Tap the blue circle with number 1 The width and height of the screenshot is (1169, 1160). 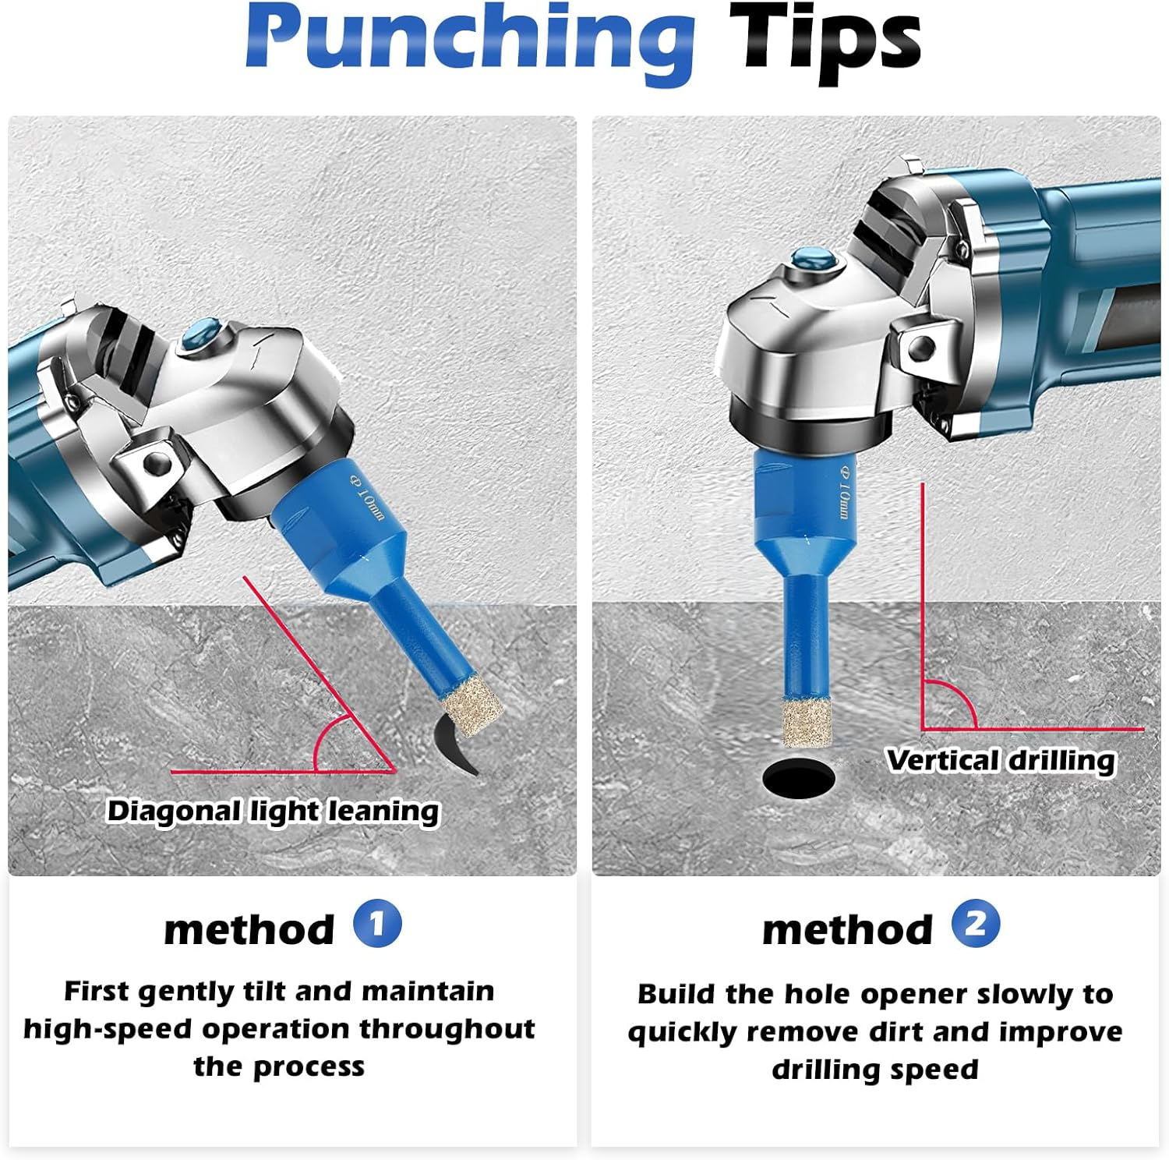377,925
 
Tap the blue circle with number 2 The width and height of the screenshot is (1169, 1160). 976,925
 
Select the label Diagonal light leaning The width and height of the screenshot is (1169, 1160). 273,812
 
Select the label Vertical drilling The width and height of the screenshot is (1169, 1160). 1001,760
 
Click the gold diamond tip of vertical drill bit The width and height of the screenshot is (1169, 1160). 807,723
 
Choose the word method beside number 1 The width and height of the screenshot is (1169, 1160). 249,928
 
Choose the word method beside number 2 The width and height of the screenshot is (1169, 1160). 848,928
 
